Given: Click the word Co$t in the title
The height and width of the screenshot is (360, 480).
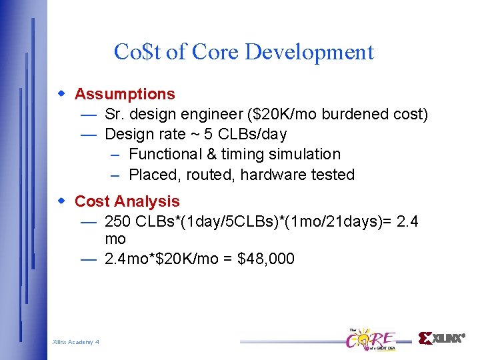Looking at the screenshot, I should [x=137, y=52].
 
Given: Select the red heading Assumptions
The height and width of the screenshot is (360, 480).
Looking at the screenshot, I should [x=125, y=94].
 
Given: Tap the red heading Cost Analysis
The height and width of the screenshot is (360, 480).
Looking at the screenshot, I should [x=127, y=201].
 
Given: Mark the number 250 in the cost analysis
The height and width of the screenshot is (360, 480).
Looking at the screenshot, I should [x=118, y=221].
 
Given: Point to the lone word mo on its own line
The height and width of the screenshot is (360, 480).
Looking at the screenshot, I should [x=115, y=239].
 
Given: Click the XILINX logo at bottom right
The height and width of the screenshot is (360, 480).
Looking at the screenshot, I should [x=441, y=338].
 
